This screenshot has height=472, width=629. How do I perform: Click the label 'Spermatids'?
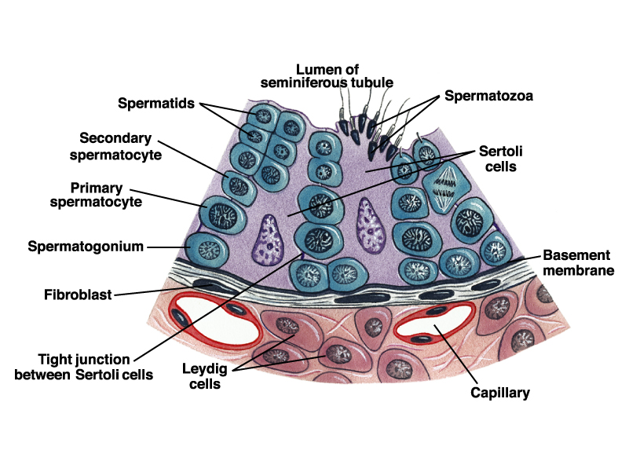click(158, 104)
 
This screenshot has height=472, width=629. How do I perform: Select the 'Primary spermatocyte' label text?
click(108, 194)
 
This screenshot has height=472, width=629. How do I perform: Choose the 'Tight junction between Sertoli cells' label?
click(84, 367)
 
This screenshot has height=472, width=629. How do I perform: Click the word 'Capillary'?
click(499, 391)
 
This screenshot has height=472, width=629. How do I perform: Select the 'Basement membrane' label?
click(576, 262)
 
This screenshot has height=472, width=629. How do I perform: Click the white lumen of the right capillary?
click(434, 320)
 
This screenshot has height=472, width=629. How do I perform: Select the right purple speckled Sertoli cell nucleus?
click(366, 223)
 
